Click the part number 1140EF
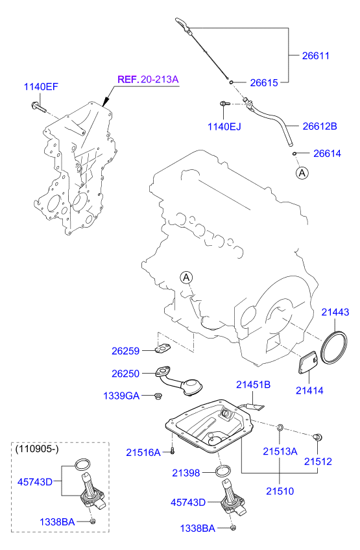click(42, 86)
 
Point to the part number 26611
click(316, 56)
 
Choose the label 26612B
click(320, 126)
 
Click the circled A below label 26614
click(302, 173)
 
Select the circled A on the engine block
click(187, 278)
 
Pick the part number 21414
click(309, 390)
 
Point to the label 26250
click(126, 374)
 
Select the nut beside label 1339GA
click(158, 396)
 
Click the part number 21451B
click(253, 385)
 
